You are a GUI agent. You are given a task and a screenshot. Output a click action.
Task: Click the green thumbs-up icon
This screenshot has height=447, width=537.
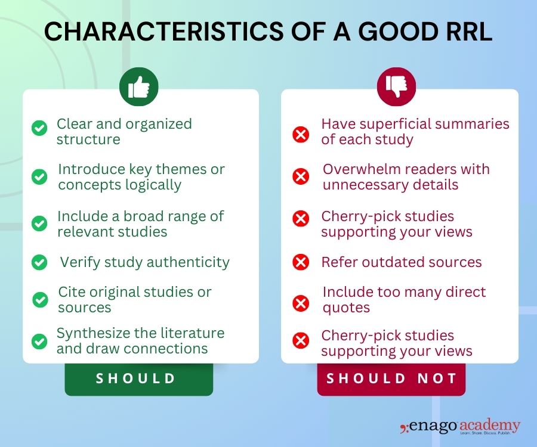[x=139, y=88]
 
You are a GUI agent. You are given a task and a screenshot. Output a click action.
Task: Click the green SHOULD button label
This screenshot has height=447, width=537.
[x=138, y=378]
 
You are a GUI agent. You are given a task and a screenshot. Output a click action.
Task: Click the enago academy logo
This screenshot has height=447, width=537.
[x=460, y=427]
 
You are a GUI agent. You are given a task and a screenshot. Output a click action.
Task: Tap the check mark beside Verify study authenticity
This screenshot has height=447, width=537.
[x=39, y=262]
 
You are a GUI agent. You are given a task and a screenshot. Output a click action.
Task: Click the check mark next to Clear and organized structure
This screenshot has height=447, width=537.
[x=39, y=128]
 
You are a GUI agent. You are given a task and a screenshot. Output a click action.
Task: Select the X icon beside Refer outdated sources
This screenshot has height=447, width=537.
[x=301, y=262]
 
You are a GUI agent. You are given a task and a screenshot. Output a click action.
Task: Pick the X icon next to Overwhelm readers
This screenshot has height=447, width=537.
[x=301, y=176]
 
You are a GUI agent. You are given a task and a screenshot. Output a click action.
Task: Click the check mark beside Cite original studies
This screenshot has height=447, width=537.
[x=40, y=299]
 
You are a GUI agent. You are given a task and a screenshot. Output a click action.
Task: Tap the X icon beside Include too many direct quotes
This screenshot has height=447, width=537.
[x=301, y=304]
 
